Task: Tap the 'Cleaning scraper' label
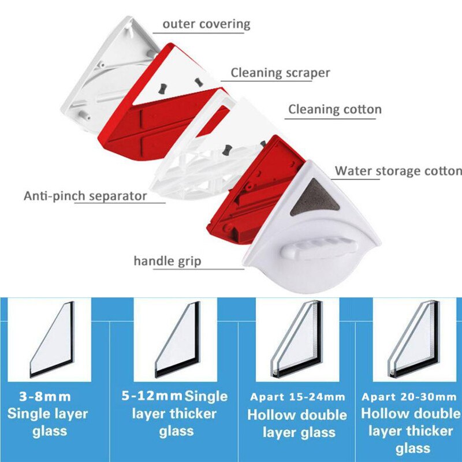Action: (280, 72)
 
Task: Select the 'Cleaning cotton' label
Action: (335, 109)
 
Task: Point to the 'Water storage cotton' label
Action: (398, 171)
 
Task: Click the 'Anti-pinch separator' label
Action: (85, 195)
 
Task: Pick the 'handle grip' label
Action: (167, 261)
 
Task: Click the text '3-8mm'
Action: (45, 397)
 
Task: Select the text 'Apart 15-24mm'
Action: (297, 397)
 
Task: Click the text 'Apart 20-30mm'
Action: (411, 397)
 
